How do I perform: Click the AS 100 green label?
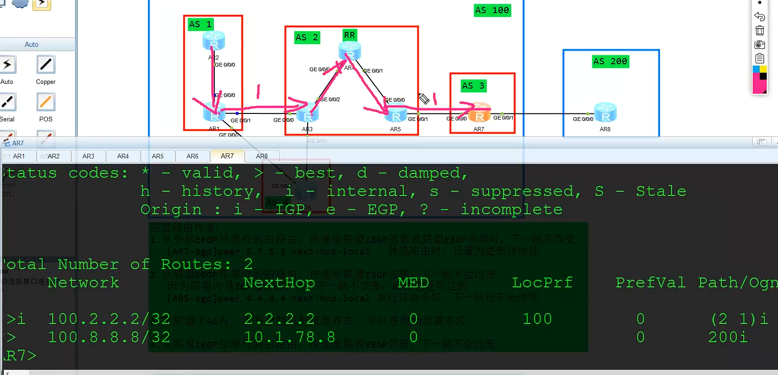point(492,10)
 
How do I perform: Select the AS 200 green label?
point(610,61)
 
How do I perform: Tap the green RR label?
point(349,35)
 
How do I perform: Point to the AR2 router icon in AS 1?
point(214,41)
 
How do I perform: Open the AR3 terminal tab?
point(88,156)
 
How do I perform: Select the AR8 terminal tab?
point(262,156)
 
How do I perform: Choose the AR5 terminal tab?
point(158,156)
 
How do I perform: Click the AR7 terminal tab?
point(227,156)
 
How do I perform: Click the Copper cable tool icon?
point(46,65)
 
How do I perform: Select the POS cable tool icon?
point(46,102)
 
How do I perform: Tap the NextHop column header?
point(279,283)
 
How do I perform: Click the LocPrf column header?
point(542,283)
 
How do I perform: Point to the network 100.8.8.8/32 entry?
point(109,337)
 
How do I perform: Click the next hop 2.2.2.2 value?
point(279,319)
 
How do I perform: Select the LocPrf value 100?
point(537,319)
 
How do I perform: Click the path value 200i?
point(728,337)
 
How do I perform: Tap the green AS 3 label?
point(473,86)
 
